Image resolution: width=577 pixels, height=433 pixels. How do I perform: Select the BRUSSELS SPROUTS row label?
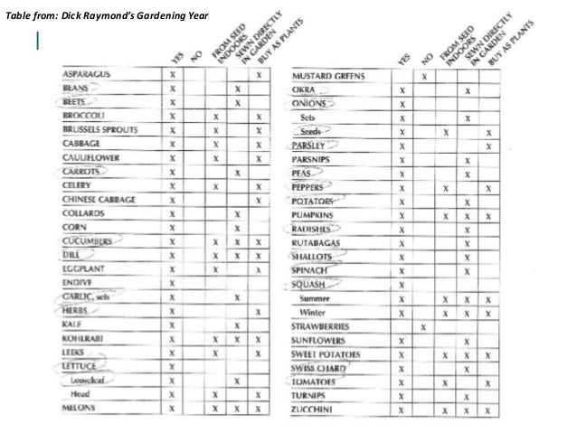(99, 130)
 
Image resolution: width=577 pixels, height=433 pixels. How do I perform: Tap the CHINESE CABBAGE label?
(99, 200)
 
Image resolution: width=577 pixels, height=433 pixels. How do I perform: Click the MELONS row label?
(80, 408)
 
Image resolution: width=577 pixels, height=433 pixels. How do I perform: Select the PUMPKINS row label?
(315, 215)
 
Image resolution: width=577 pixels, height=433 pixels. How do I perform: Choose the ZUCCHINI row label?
(313, 409)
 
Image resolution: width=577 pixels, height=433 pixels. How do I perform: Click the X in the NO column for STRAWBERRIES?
(424, 325)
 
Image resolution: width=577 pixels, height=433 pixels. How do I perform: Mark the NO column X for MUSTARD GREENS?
(424, 78)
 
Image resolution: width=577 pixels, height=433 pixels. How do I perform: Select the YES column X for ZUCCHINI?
(401, 409)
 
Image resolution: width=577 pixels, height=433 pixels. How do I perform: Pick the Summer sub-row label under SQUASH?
(317, 298)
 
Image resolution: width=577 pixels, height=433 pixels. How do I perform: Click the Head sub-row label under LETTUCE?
(80, 394)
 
